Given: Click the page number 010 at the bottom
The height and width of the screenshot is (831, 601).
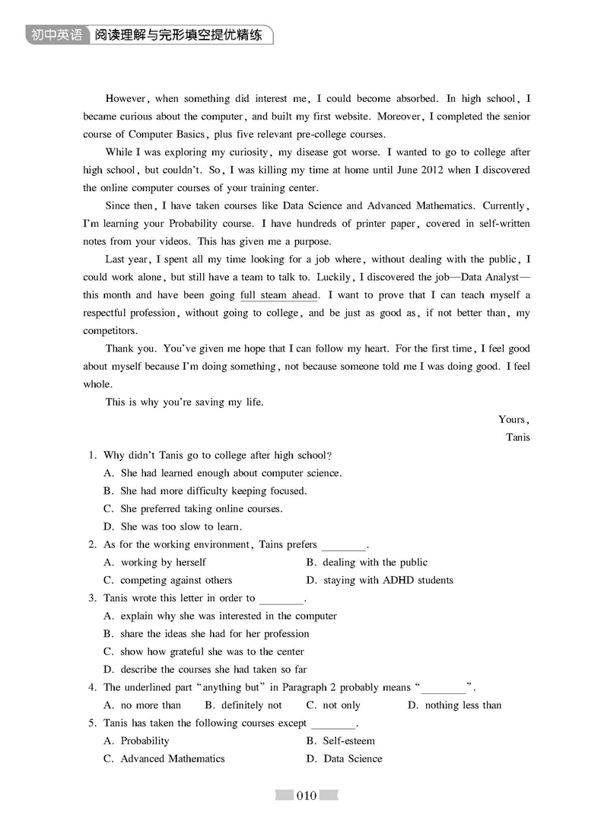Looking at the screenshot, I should pos(306,796).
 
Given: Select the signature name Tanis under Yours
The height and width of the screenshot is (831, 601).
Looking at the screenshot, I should pos(517,437).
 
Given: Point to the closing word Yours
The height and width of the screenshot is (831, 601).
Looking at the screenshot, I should pos(513,419).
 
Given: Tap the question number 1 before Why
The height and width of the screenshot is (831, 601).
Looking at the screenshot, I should pos(91,455).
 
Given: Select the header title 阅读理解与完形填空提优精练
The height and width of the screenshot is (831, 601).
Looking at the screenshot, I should pos(179,35).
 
